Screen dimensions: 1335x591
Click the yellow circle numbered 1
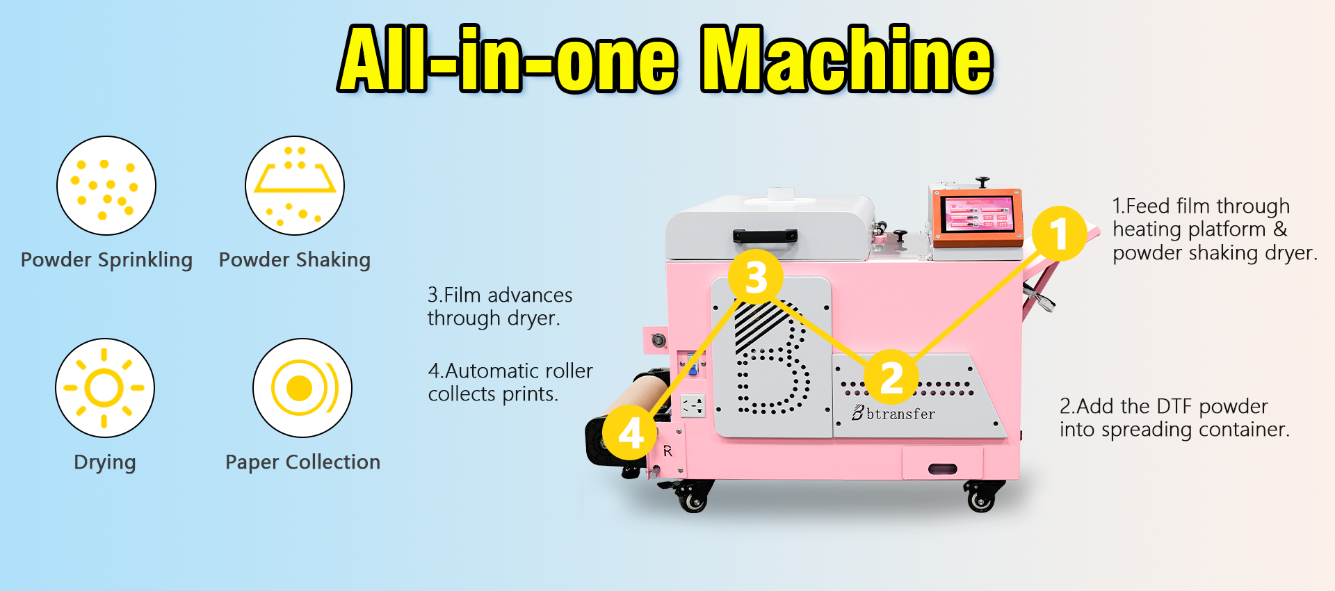1059,234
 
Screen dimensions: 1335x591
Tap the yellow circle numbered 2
891,378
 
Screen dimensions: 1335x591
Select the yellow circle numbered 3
756,276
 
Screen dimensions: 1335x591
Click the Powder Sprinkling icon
106,186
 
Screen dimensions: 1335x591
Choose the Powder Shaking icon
295,186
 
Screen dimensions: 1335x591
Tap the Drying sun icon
105,388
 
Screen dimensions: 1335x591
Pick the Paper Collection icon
302,388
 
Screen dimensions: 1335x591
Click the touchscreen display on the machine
978,214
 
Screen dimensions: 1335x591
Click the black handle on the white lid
765,236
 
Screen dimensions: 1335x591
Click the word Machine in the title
847,59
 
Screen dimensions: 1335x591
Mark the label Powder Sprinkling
106,260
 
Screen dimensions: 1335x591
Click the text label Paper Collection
302,462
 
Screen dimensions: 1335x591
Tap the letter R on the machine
667,451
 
